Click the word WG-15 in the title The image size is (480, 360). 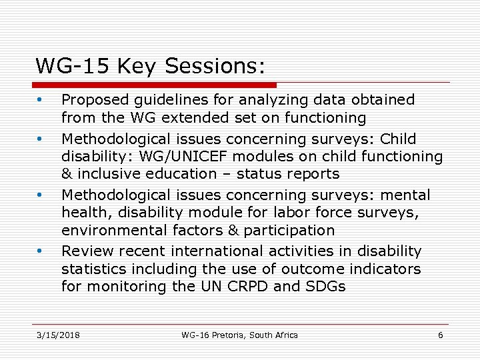[x=73, y=66]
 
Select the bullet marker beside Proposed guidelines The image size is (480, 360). [x=41, y=101]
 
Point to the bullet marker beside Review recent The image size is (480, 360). [x=41, y=252]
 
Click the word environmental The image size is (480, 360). [x=110, y=231]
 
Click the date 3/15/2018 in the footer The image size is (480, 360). [x=57, y=335]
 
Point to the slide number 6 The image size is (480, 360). [x=440, y=335]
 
